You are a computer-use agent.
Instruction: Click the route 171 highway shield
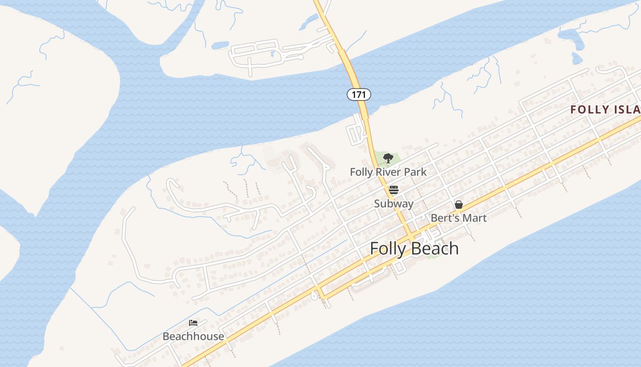(359, 95)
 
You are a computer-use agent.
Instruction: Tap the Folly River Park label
(388, 172)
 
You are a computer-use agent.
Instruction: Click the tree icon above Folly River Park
(388, 158)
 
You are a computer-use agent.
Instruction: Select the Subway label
(394, 204)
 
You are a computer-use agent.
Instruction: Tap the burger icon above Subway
(394, 190)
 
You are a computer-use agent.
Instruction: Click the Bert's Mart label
(458, 218)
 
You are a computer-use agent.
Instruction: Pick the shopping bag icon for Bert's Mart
(458, 205)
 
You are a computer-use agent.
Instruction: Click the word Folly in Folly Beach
(387, 249)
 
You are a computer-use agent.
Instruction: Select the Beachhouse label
(193, 336)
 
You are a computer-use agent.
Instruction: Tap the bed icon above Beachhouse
(193, 323)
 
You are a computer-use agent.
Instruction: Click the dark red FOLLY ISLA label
(605, 110)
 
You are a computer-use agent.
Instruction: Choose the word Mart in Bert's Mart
(475, 218)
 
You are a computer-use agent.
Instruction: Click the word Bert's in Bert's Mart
(445, 218)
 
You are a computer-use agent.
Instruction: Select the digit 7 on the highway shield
(359, 95)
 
